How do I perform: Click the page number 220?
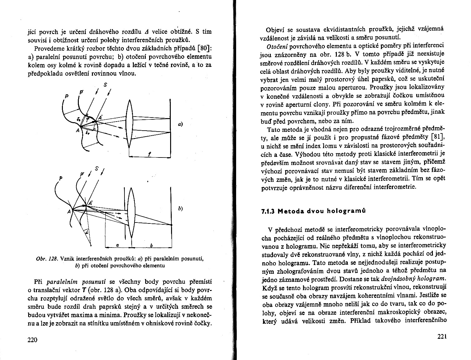tap(33, 340)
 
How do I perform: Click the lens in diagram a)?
tap(129, 125)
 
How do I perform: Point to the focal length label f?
tap(150, 154)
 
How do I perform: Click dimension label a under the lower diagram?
tap(116, 246)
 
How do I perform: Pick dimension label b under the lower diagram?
tap(151, 246)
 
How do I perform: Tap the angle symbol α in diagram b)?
tap(87, 232)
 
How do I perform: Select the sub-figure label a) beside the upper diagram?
tap(180, 124)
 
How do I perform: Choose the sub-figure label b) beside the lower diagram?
tap(180, 209)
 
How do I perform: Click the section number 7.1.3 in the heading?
tap(268, 211)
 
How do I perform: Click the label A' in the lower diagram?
tap(90, 203)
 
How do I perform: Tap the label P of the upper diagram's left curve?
tap(66, 96)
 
